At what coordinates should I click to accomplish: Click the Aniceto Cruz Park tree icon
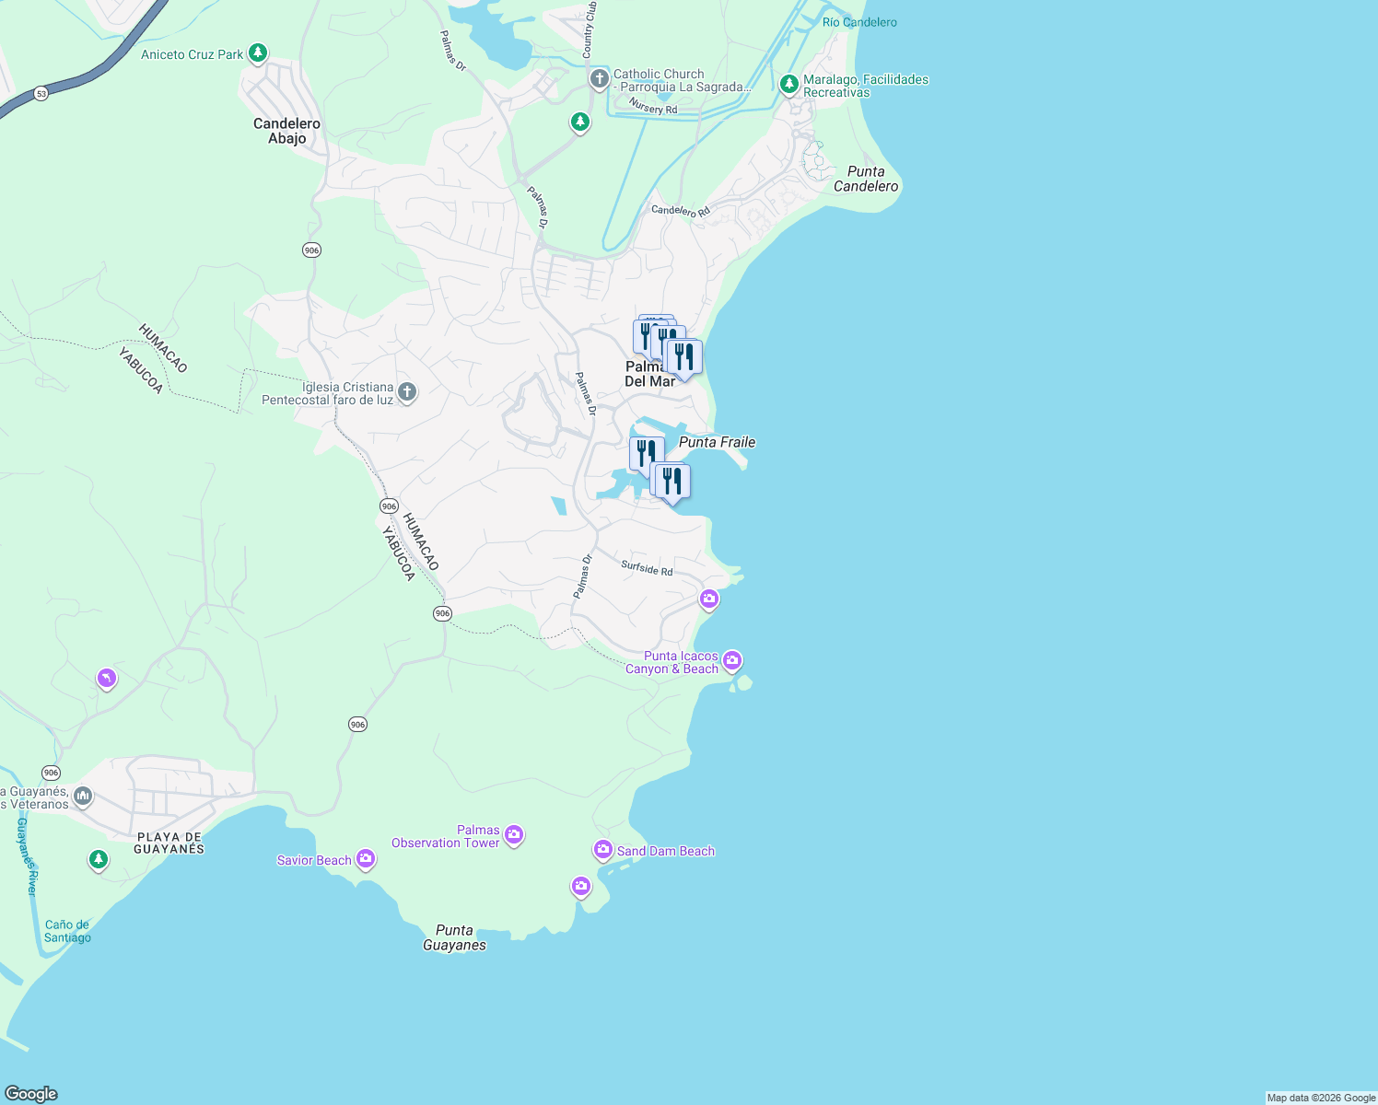[x=258, y=53]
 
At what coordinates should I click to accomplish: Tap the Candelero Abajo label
[x=286, y=131]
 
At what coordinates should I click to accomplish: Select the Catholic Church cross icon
[x=599, y=79]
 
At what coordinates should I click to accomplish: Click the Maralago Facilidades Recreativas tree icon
[x=788, y=85]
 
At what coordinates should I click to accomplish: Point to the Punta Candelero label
[x=866, y=179]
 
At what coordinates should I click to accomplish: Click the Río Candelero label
[x=859, y=22]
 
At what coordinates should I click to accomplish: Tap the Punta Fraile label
[x=717, y=442]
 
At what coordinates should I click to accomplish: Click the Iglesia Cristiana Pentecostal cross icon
[x=407, y=393]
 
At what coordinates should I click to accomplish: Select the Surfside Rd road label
[x=647, y=568]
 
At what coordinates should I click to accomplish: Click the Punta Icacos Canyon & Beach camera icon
[x=732, y=660]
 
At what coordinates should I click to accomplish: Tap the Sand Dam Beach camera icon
[x=603, y=849]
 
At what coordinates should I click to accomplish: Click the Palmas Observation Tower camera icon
[x=514, y=835]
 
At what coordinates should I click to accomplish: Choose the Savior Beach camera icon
[x=366, y=859]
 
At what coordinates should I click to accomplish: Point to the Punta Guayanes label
[x=454, y=937]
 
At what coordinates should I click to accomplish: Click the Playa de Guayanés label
[x=169, y=843]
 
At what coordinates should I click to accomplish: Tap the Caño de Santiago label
[x=67, y=931]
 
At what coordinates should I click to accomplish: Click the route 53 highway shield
[x=41, y=94]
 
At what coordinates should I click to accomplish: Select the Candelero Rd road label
[x=681, y=211]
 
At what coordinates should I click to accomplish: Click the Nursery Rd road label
[x=653, y=107]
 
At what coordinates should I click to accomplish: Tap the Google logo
[x=31, y=1093]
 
